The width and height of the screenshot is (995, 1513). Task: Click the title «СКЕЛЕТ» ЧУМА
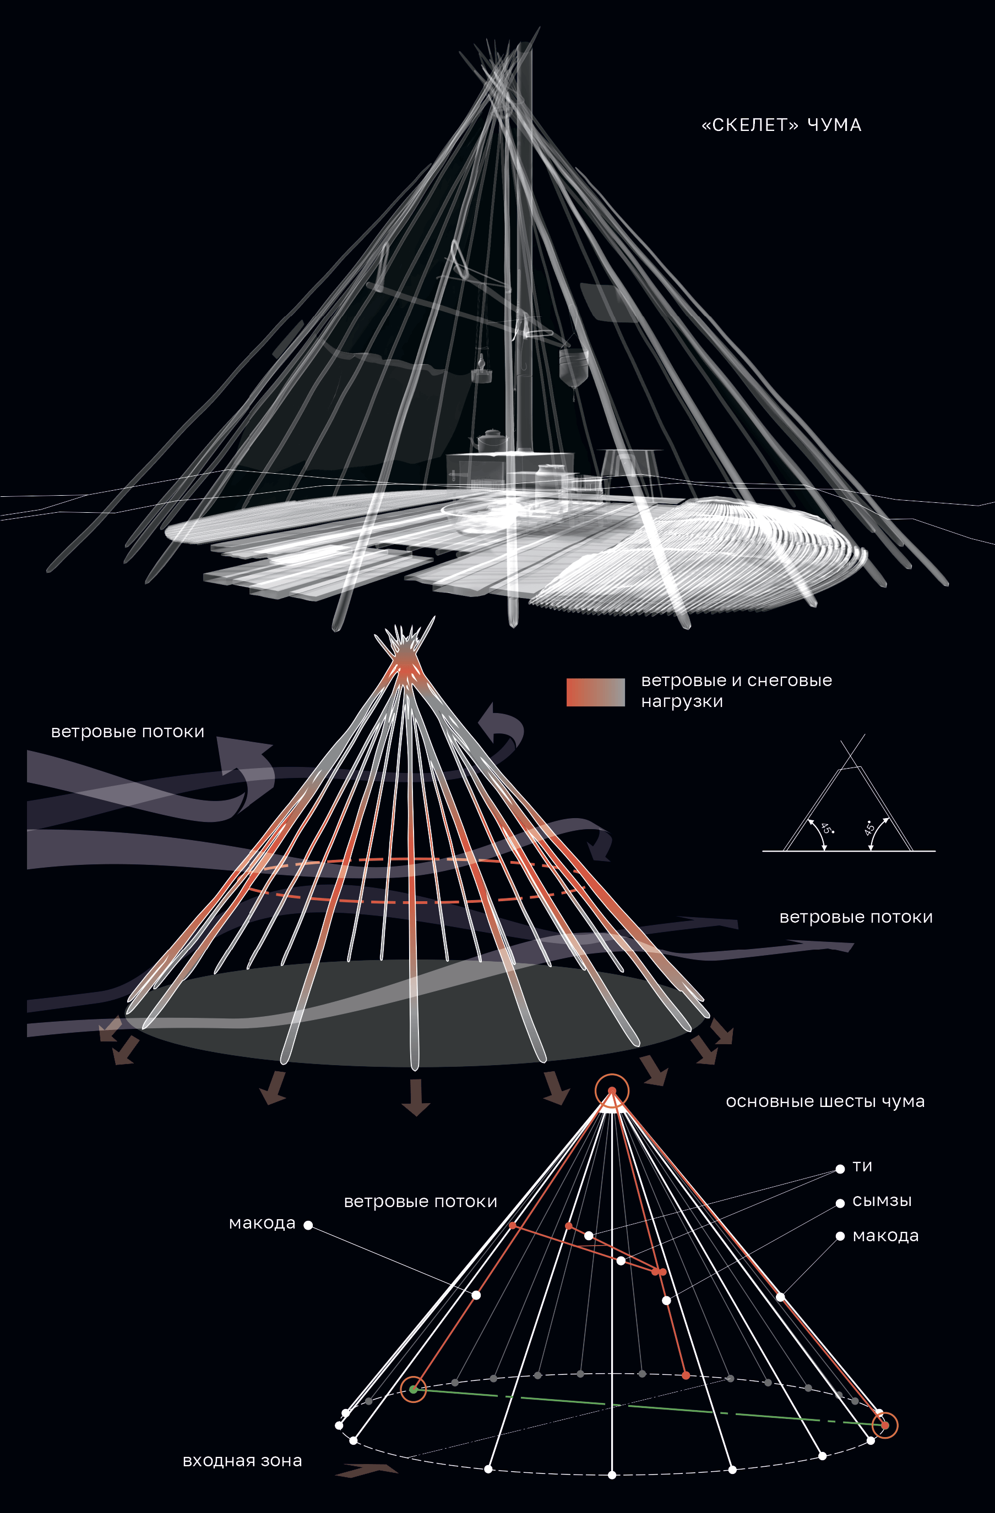click(781, 125)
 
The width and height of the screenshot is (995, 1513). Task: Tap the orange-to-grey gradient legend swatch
click(595, 692)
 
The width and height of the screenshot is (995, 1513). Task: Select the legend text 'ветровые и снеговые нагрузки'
click(736, 690)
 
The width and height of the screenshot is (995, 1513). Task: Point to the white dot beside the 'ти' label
click(840, 1169)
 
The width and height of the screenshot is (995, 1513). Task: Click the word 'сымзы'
click(882, 1201)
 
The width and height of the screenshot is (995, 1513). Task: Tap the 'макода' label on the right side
click(885, 1236)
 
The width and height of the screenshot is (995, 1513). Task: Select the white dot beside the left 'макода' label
click(308, 1225)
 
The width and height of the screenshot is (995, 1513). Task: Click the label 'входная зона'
click(242, 1460)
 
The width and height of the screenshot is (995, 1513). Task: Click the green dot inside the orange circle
click(414, 1389)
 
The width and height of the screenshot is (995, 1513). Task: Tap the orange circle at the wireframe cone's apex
click(612, 1091)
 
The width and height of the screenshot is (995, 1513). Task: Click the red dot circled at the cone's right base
click(885, 1426)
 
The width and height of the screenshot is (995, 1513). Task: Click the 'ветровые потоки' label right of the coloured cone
click(856, 917)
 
